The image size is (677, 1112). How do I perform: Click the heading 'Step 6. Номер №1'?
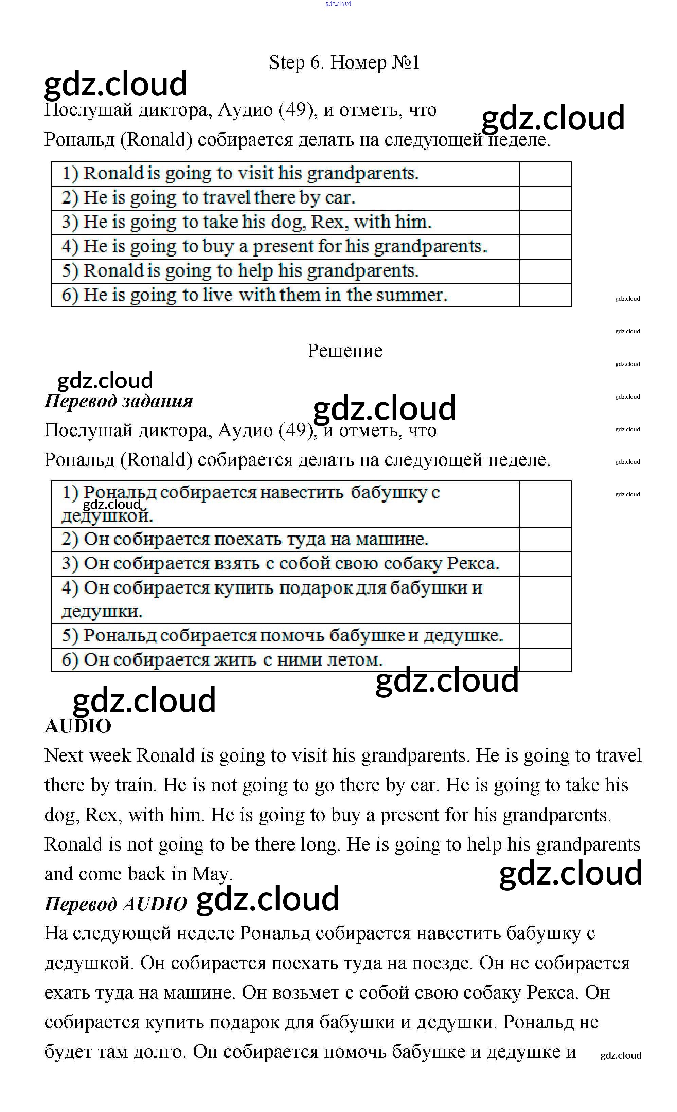point(344,63)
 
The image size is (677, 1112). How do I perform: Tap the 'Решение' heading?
point(344,351)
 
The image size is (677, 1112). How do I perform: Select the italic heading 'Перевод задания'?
point(118,401)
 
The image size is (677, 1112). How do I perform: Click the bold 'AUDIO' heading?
point(78,726)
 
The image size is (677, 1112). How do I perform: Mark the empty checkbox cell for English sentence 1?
point(545,174)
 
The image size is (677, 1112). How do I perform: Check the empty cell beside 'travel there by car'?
point(545,198)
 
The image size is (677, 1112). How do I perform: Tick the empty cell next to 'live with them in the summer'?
point(545,295)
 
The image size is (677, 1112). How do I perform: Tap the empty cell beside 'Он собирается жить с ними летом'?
point(545,660)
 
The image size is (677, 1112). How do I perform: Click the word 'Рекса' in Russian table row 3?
point(473,564)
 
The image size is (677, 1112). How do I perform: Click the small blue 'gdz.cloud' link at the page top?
point(338,4)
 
